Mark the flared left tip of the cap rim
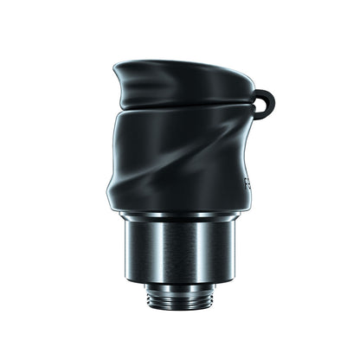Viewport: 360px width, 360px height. (x=116, y=67)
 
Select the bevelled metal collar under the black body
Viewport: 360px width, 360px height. (x=180, y=216)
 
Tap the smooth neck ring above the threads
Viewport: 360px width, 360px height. (x=180, y=285)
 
